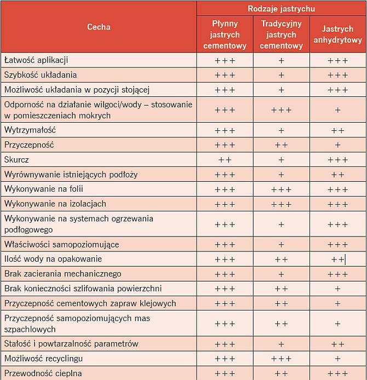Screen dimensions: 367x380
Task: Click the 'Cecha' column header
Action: [x=99, y=27]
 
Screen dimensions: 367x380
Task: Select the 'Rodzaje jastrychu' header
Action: [x=281, y=9]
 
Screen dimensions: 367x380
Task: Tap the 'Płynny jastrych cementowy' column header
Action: [x=225, y=34]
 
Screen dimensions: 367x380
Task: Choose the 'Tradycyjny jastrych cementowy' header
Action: [x=281, y=34]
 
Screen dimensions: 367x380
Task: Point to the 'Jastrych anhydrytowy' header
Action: [x=337, y=34]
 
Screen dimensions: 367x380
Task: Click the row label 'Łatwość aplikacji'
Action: [x=36, y=60]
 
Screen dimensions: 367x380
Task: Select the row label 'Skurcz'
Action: [x=16, y=160]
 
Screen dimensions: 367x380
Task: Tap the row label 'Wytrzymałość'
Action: [x=30, y=130]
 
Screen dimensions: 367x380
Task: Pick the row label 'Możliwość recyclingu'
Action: [x=44, y=359]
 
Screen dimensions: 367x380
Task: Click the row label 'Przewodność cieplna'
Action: [x=43, y=373]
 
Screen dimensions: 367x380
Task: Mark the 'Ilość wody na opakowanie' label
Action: [x=53, y=259]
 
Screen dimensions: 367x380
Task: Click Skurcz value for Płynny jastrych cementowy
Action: [x=225, y=160]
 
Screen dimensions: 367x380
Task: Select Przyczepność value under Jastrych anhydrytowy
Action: [x=337, y=145]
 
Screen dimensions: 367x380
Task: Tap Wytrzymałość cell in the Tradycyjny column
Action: [x=281, y=131]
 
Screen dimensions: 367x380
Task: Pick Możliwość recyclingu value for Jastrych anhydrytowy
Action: [x=337, y=359]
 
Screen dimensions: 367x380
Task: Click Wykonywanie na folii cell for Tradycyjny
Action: [x=281, y=189]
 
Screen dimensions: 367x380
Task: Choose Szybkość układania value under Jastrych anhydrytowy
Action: [x=337, y=75]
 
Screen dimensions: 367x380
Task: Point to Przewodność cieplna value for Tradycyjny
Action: [x=281, y=373]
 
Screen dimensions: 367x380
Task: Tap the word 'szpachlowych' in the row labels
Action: [x=30, y=329]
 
